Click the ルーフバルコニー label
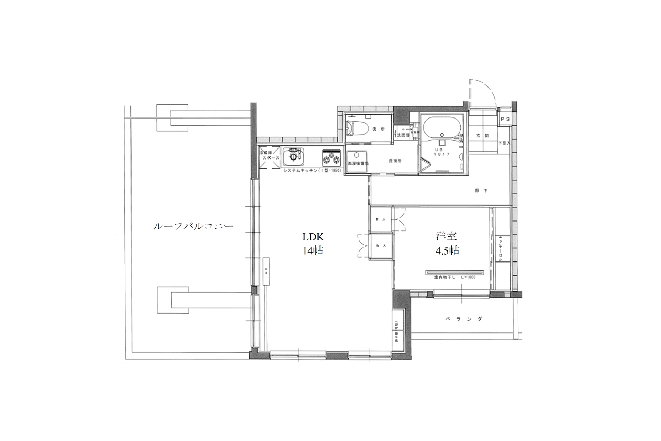(193, 226)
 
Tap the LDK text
(313, 237)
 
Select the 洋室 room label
(447, 236)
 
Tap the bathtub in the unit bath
(442, 128)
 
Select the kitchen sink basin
(293, 157)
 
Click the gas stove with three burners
(331, 158)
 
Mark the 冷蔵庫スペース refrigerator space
(269, 157)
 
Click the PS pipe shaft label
(505, 119)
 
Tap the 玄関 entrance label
(482, 136)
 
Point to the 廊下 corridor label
(481, 191)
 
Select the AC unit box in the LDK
(266, 271)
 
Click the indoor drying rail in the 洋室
(454, 273)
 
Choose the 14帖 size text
(313, 251)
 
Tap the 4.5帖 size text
(447, 251)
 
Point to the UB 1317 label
(442, 152)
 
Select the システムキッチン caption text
(312, 171)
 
